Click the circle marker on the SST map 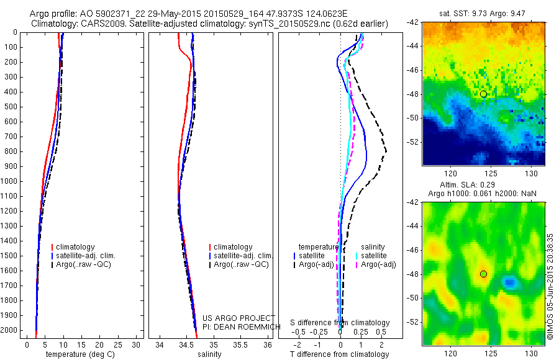(483, 94)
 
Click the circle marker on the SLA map (483, 274)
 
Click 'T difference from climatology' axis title (339, 354)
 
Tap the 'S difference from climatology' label (340, 323)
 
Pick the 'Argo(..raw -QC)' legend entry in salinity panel (241, 264)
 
